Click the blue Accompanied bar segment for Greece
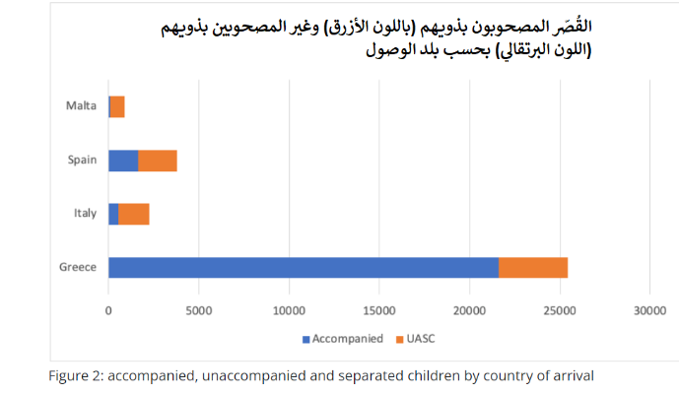[x=303, y=267]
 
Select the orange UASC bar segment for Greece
[x=533, y=267]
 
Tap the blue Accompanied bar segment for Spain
[x=123, y=161]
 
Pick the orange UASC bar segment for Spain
[x=158, y=161]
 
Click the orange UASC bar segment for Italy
[x=134, y=214]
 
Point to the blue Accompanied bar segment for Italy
[x=113, y=214]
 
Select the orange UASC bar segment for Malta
[x=117, y=106]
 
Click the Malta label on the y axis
[x=81, y=106]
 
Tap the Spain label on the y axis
[x=82, y=161]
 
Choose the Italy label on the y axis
[x=85, y=214]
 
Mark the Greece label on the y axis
[x=78, y=267]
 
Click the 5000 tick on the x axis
[x=199, y=310]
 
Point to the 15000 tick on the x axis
[x=379, y=310]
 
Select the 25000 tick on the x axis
[x=560, y=310]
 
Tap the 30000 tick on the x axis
[x=649, y=310]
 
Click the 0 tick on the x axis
[x=108, y=310]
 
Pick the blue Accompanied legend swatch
[x=306, y=339]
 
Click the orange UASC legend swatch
[x=399, y=339]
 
